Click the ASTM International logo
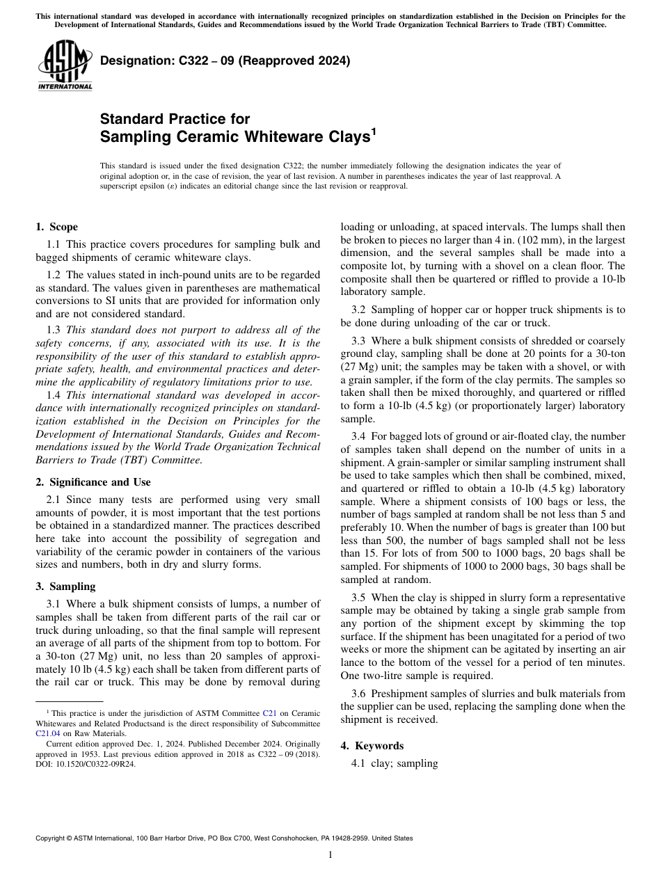(65, 66)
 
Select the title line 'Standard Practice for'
(175, 119)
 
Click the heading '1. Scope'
(56, 227)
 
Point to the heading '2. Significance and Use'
(93, 482)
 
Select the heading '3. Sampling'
(65, 587)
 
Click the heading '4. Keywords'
(372, 746)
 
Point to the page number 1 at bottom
(330, 854)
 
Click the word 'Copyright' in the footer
(51, 838)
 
